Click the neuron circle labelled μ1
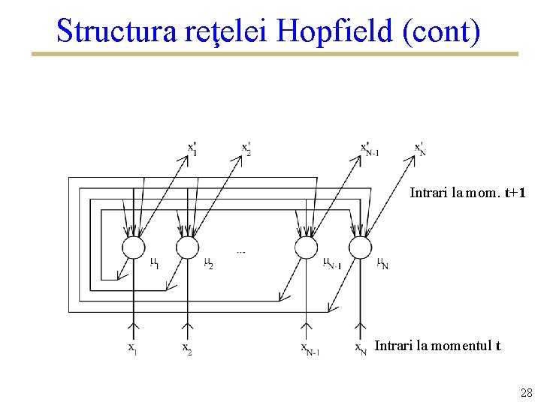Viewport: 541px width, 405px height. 134,247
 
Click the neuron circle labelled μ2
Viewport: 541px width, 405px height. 187,247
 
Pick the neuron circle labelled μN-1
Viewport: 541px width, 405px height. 306,247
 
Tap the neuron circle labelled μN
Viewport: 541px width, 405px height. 361,247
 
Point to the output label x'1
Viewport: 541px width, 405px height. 193,148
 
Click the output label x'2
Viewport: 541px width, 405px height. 246,148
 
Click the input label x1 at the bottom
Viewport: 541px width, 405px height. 131,348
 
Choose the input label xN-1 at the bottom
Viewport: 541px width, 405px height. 310,349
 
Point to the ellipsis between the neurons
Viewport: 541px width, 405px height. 240,252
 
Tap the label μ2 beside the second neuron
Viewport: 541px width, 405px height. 208,263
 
